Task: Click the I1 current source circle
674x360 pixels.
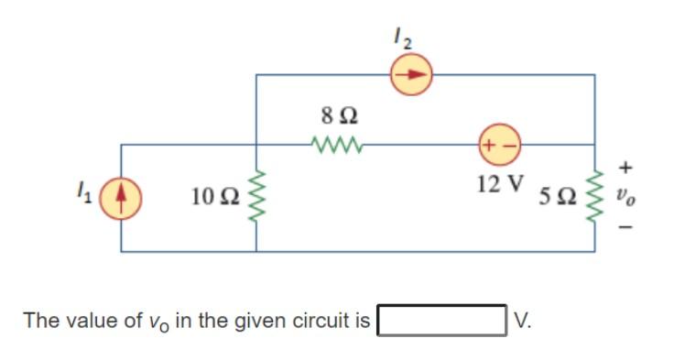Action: (121, 196)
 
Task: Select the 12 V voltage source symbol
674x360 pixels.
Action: (496, 145)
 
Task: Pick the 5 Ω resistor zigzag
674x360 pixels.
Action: (596, 195)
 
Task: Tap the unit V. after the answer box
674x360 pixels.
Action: (523, 321)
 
